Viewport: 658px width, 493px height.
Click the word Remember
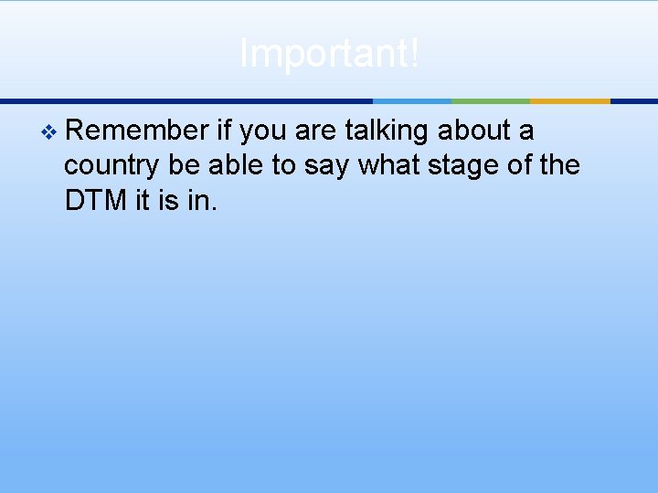(x=137, y=131)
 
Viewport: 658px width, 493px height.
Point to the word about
(x=473, y=131)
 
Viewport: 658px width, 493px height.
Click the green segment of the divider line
(x=491, y=100)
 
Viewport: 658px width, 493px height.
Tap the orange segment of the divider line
(x=569, y=100)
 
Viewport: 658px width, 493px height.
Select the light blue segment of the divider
(x=412, y=100)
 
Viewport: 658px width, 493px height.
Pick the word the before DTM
(x=557, y=165)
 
